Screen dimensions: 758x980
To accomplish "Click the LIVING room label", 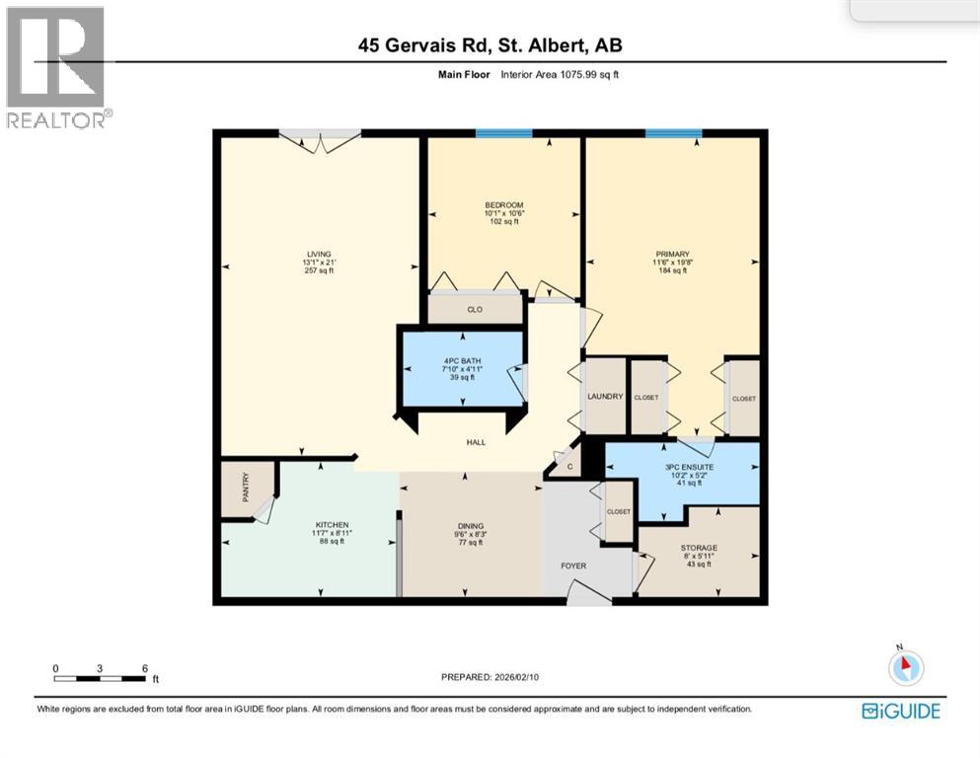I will (x=319, y=254).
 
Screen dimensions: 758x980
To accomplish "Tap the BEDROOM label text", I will (x=502, y=204).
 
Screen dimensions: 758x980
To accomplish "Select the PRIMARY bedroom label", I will (x=671, y=253).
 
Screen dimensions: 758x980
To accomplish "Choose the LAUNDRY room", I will (x=605, y=396).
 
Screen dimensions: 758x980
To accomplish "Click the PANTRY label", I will (x=246, y=488).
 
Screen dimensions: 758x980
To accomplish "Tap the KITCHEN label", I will (x=333, y=524).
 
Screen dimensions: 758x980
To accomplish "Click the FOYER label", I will (x=573, y=567).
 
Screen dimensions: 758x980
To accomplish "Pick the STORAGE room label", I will (x=698, y=548).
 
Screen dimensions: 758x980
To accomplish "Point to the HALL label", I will (x=476, y=442).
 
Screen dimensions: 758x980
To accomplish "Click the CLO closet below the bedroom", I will (x=474, y=309).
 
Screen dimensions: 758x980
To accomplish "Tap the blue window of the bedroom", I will (x=503, y=133).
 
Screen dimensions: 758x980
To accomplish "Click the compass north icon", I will (x=905, y=666).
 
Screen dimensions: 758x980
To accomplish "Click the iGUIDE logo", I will (x=900, y=711).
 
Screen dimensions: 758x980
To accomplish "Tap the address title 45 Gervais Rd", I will (x=490, y=45).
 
